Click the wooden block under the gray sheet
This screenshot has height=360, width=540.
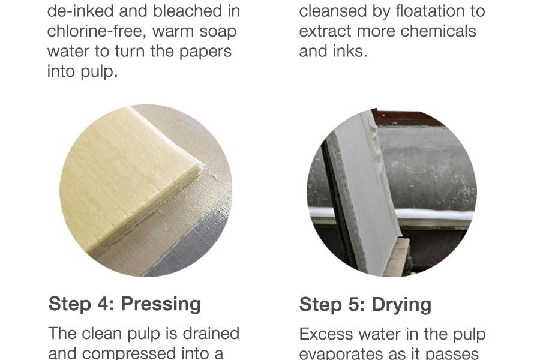click(x=397, y=257)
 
